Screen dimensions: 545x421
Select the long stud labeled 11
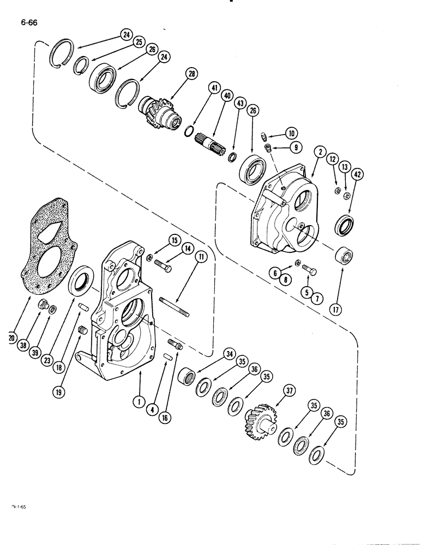point(174,306)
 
